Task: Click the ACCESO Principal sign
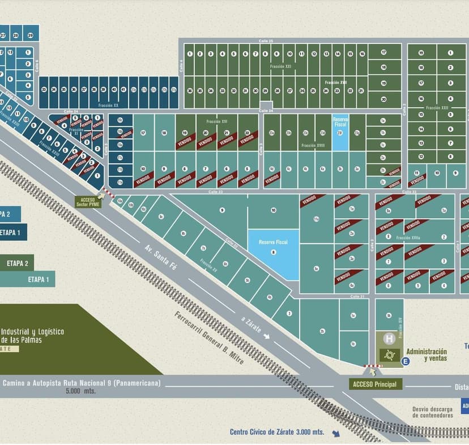376,384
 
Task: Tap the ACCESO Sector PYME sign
89,201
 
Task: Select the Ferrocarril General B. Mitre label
209,338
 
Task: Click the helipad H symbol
389,339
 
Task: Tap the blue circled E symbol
405,361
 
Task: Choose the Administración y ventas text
427,355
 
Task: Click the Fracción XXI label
280,66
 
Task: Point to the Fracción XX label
108,105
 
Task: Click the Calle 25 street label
266,41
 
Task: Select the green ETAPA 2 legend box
21,263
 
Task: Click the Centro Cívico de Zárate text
276,431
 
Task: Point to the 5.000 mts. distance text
80,391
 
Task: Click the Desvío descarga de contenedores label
433,412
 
